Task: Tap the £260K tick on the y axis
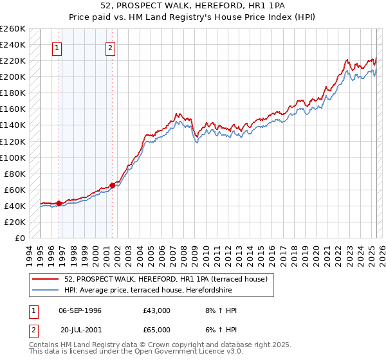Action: click(x=13, y=29)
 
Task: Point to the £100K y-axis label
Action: click(x=13, y=157)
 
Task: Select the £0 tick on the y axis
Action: click(x=21, y=238)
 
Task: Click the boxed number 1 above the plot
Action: click(x=57, y=48)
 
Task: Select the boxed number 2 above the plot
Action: click(x=111, y=48)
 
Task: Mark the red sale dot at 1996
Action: click(x=59, y=203)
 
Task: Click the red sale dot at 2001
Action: click(x=112, y=186)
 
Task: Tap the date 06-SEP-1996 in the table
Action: click(x=80, y=310)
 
